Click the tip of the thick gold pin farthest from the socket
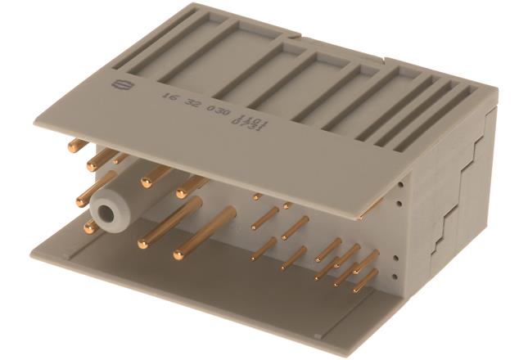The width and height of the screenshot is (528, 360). click(x=178, y=255)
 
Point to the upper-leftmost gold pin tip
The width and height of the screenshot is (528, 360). click(x=71, y=147)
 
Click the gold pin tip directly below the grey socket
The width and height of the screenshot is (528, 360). click(x=88, y=230)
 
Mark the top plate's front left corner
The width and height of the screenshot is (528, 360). click(x=34, y=101)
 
